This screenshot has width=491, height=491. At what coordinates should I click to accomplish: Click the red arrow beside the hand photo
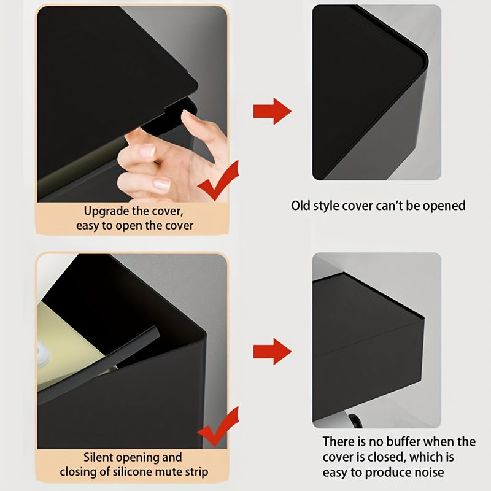point(272,111)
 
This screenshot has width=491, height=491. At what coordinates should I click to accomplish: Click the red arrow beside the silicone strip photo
point(272,351)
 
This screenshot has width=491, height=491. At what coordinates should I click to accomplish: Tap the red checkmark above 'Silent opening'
point(218,427)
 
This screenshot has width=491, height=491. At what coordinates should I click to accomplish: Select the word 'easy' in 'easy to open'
point(87,226)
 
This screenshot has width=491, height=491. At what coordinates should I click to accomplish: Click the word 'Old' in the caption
point(301,206)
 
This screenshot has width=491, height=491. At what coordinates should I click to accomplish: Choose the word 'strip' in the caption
point(196,473)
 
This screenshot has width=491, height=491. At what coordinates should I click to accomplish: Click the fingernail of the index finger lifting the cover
point(188,115)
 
